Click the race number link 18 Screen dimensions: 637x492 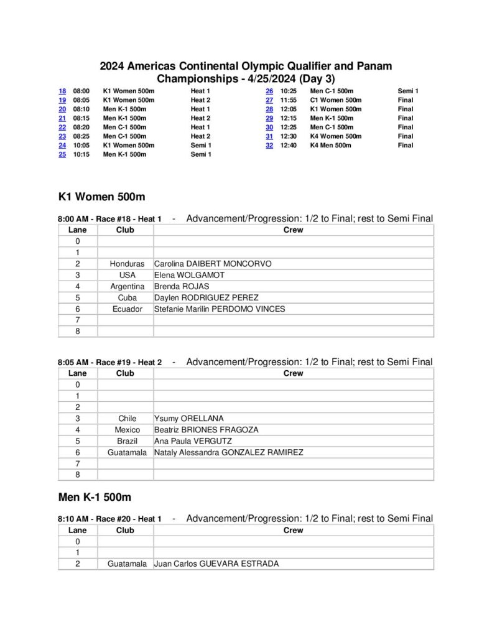coord(62,91)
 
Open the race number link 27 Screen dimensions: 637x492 coord(269,100)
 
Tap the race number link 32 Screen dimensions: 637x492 coord(269,146)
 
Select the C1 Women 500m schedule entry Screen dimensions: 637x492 coord(335,100)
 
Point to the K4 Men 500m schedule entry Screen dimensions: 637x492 coord(330,146)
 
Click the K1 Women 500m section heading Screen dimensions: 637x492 coord(101,197)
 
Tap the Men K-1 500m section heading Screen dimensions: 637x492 coord(95,497)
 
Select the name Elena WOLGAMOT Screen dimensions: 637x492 coord(189,275)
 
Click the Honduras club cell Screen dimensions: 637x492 coord(126,264)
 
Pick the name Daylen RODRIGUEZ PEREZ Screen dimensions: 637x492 coord(206,297)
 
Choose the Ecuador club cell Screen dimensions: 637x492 coord(126,309)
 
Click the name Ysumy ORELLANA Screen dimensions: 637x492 coord(188,419)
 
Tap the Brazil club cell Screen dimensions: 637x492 coord(126,441)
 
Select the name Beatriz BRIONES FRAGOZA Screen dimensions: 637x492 coord(206,430)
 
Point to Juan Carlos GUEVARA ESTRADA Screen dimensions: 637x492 coord(216,564)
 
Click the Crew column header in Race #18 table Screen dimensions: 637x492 coord(293,230)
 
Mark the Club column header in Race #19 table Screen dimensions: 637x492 coord(125,373)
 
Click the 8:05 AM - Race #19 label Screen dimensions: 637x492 coord(109,362)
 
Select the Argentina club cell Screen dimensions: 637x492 coord(126,286)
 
